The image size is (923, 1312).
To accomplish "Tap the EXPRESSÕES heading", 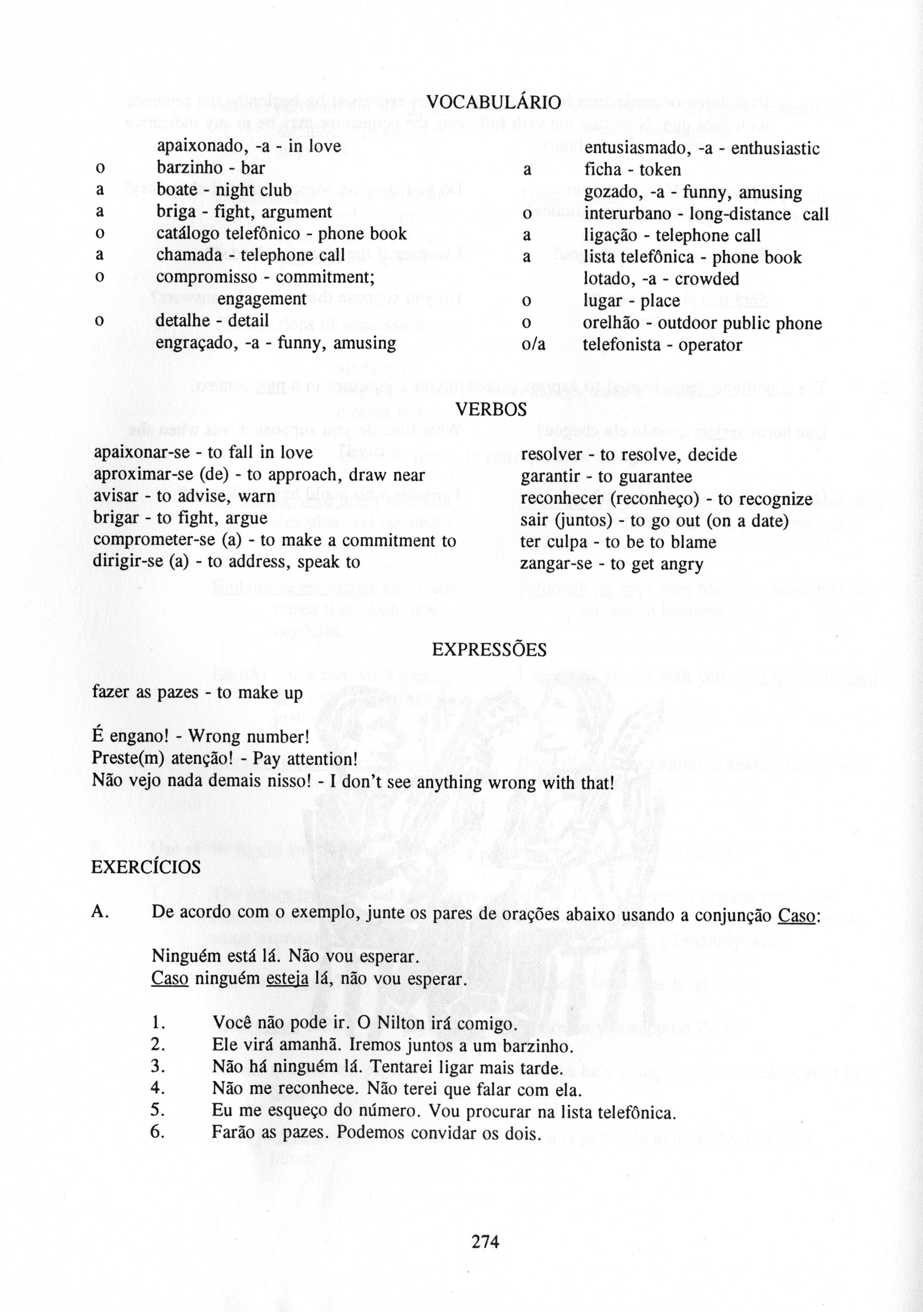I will click(489, 650).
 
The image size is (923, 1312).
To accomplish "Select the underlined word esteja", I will click(287, 979).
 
